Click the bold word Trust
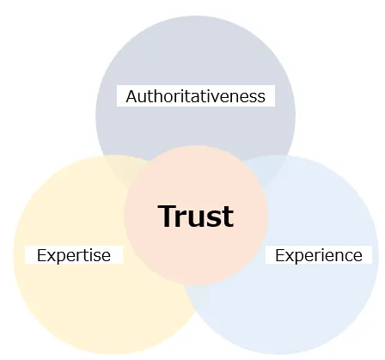(196, 217)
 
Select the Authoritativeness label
(196, 96)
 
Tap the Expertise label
(74, 255)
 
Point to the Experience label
(319, 255)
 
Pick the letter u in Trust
(198, 219)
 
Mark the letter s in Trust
(214, 219)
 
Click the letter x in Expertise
(51, 257)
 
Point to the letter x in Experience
(290, 257)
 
